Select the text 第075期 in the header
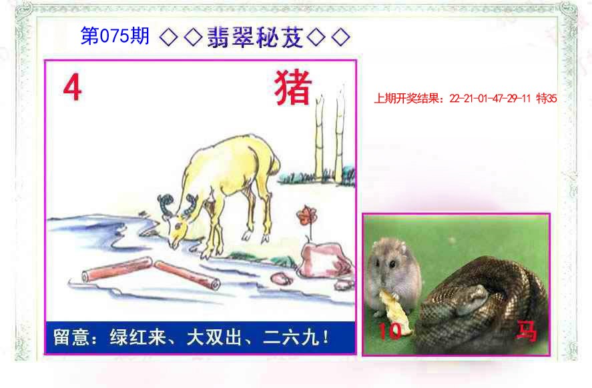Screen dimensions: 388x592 pyautogui.click(x=115, y=37)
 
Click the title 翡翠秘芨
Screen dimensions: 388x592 pyautogui.click(x=256, y=38)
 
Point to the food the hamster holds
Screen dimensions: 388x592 pyautogui.click(x=389, y=303)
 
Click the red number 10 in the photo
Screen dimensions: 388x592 pyautogui.click(x=389, y=331)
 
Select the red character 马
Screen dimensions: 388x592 pyautogui.click(x=527, y=331)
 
